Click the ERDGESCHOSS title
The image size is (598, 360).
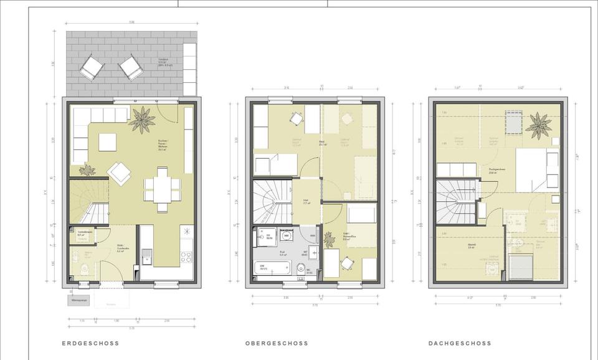point(90,343)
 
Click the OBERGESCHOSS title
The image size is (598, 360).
point(277,343)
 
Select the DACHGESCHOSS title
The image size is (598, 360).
point(460,343)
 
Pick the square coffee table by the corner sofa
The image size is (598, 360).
point(107,142)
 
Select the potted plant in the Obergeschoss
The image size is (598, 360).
point(329,239)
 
